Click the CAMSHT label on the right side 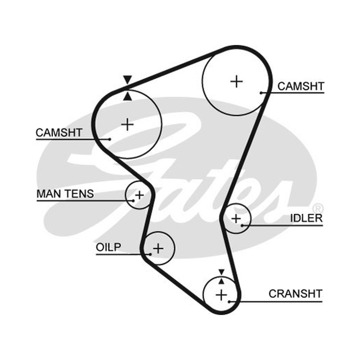(301, 86)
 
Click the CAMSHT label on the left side (59, 133)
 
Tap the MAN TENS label (65, 194)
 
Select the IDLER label (306, 218)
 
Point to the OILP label (108, 247)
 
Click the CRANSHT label (296, 294)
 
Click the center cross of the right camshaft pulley (237, 81)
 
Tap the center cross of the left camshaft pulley (127, 125)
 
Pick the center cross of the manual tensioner (139, 195)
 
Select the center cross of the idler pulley (236, 219)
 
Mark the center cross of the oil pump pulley (158, 248)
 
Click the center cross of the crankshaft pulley (221, 295)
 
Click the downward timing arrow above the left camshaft (127, 79)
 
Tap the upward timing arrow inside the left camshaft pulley (127, 96)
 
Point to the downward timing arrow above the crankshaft (221, 272)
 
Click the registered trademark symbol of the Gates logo (318, 208)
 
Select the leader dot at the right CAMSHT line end (261, 93)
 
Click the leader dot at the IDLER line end (242, 225)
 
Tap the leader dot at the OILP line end (150, 254)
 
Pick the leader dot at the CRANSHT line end (229, 301)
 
